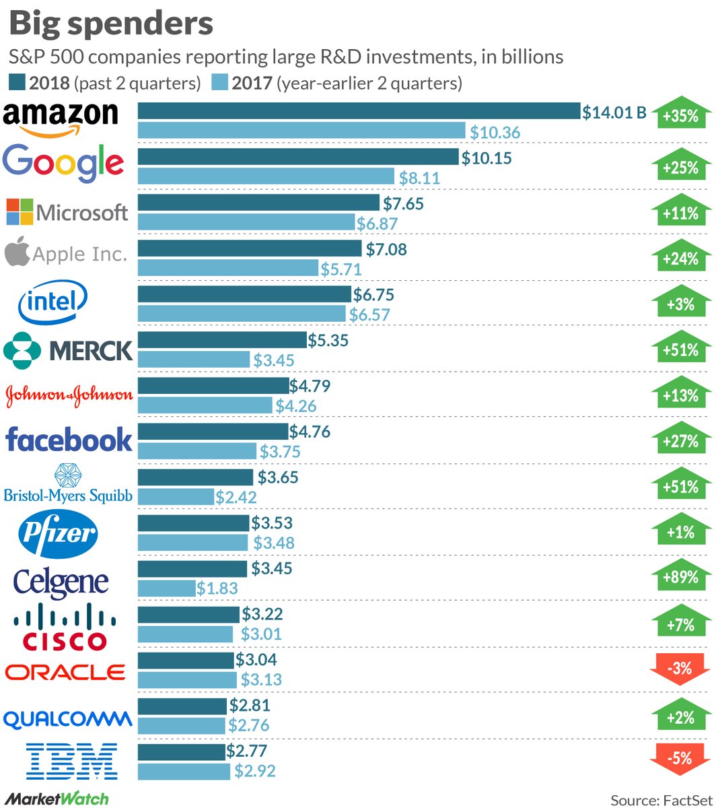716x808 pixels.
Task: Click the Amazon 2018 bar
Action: point(359,111)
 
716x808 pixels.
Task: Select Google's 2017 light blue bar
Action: point(266,176)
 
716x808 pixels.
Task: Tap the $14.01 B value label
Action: point(614,112)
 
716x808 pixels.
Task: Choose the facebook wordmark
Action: point(69,439)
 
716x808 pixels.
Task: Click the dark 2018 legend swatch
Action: point(17,83)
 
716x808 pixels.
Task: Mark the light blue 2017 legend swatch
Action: point(220,83)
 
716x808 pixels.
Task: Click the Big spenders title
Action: point(110,24)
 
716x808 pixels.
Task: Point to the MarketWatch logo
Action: point(57,799)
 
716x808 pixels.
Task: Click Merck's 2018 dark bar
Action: point(221,340)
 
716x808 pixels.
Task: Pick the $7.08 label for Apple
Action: point(386,249)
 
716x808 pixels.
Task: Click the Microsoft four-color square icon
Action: point(20,211)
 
